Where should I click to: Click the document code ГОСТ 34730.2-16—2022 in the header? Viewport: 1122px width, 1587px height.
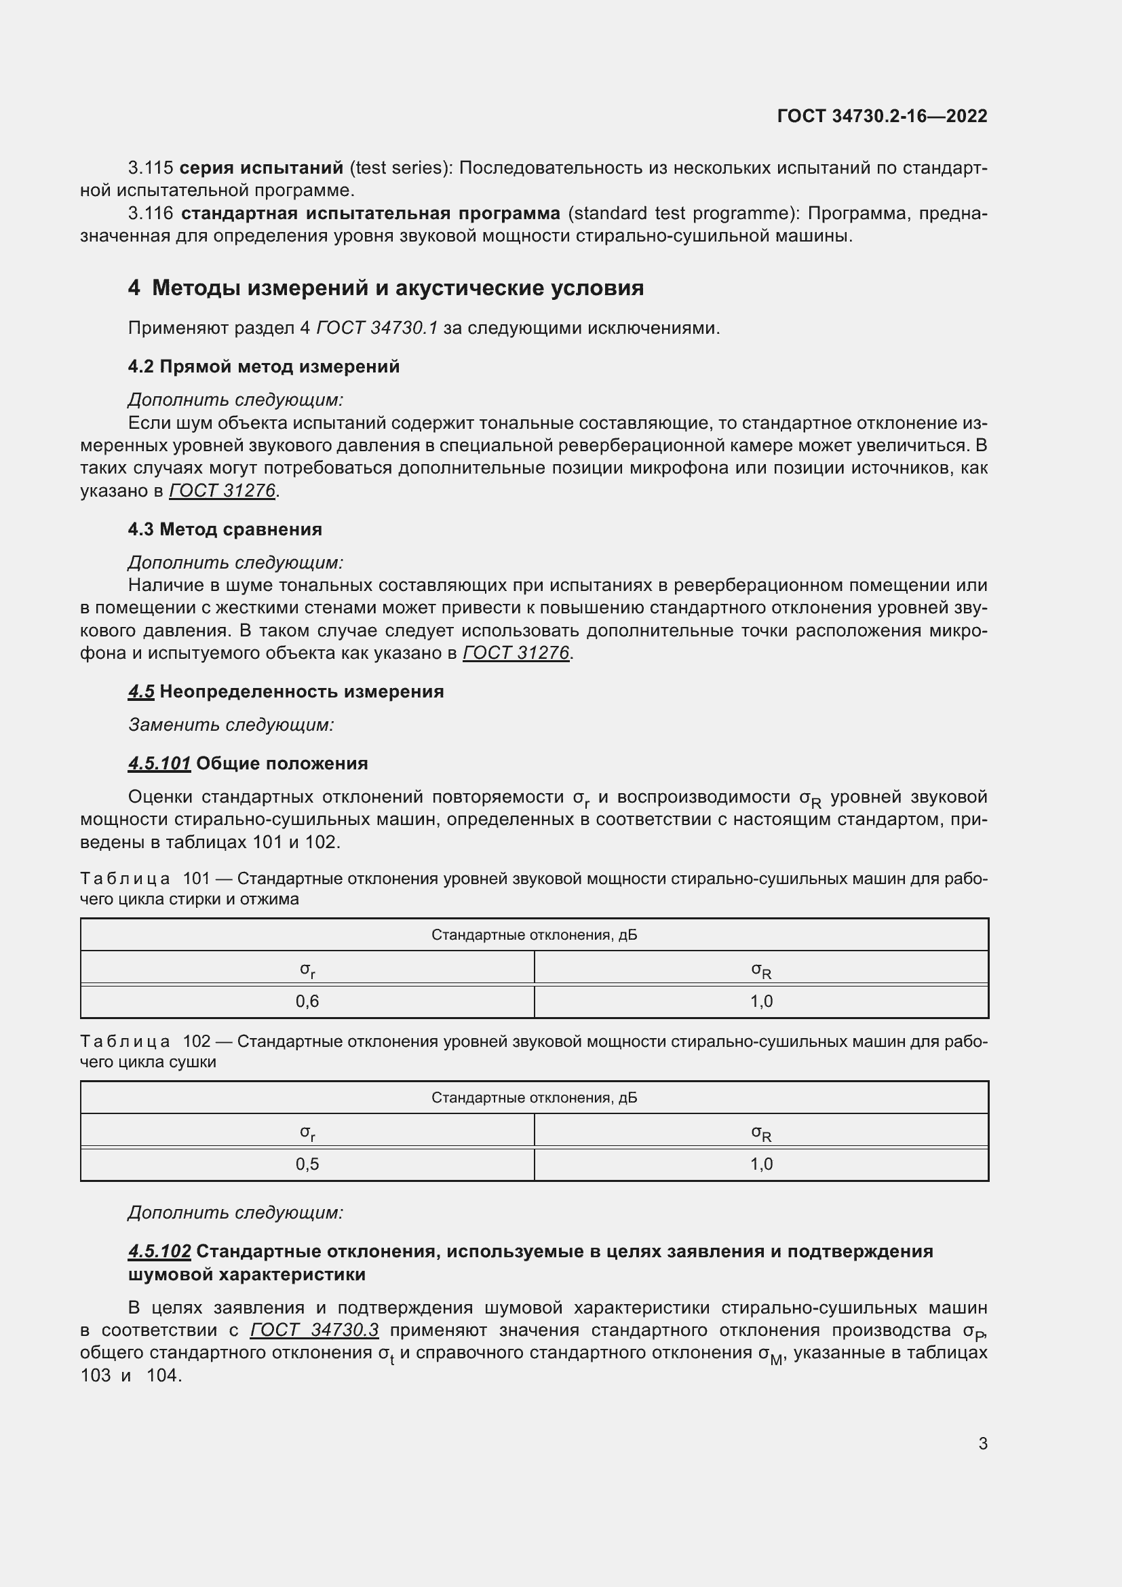(x=882, y=116)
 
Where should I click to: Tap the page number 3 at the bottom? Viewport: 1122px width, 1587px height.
(x=982, y=1443)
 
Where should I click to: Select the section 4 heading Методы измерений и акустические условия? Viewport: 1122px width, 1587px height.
(x=385, y=288)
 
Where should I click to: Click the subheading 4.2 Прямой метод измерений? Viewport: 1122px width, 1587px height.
(x=263, y=366)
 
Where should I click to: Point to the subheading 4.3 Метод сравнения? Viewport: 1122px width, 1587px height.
(x=225, y=529)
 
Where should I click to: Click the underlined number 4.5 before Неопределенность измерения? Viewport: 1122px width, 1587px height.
(x=141, y=692)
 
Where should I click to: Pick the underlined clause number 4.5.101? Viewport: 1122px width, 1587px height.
(x=159, y=764)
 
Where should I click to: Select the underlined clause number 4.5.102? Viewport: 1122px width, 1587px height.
(x=159, y=1251)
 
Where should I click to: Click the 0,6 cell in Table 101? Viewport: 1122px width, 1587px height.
(x=307, y=1001)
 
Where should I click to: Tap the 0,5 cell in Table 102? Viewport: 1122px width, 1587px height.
(x=307, y=1165)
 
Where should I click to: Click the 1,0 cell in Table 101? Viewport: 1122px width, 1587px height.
(x=761, y=1001)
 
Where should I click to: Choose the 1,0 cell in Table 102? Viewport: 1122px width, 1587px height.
(x=761, y=1165)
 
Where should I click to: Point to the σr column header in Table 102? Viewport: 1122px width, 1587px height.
(x=307, y=1132)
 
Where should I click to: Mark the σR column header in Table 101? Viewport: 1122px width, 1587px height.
(x=761, y=970)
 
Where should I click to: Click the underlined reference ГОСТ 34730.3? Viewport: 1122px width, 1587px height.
(x=314, y=1331)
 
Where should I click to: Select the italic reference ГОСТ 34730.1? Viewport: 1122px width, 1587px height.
(x=377, y=328)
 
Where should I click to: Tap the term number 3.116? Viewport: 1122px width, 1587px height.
(x=151, y=213)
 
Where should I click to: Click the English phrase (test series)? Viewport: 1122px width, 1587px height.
(x=401, y=168)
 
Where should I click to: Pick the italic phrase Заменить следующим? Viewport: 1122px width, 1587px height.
(x=231, y=725)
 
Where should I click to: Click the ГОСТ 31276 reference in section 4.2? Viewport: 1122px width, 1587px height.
(x=223, y=491)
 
